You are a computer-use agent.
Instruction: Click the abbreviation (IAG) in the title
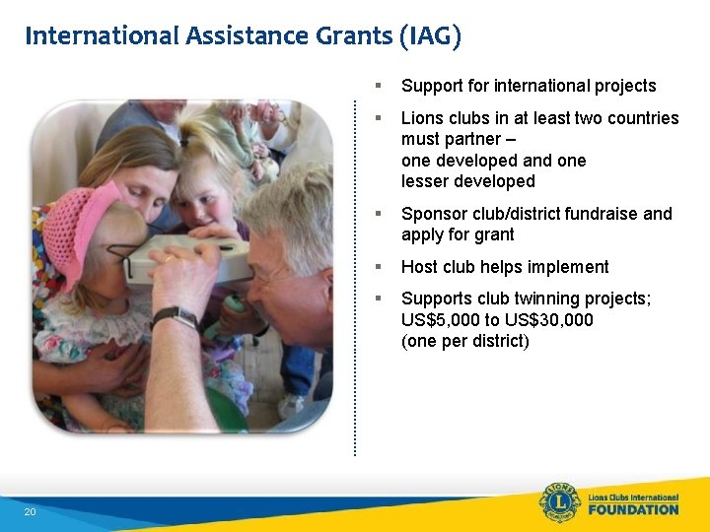click(x=430, y=36)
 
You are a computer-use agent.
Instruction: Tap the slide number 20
click(x=30, y=512)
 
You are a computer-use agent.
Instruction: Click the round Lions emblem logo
click(x=560, y=503)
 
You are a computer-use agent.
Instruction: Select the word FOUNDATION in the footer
click(x=633, y=510)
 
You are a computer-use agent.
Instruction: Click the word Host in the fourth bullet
click(x=419, y=267)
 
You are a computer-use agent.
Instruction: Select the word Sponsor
click(x=432, y=214)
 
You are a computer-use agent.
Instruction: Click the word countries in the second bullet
click(x=642, y=118)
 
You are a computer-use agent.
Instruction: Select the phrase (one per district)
click(x=465, y=342)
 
